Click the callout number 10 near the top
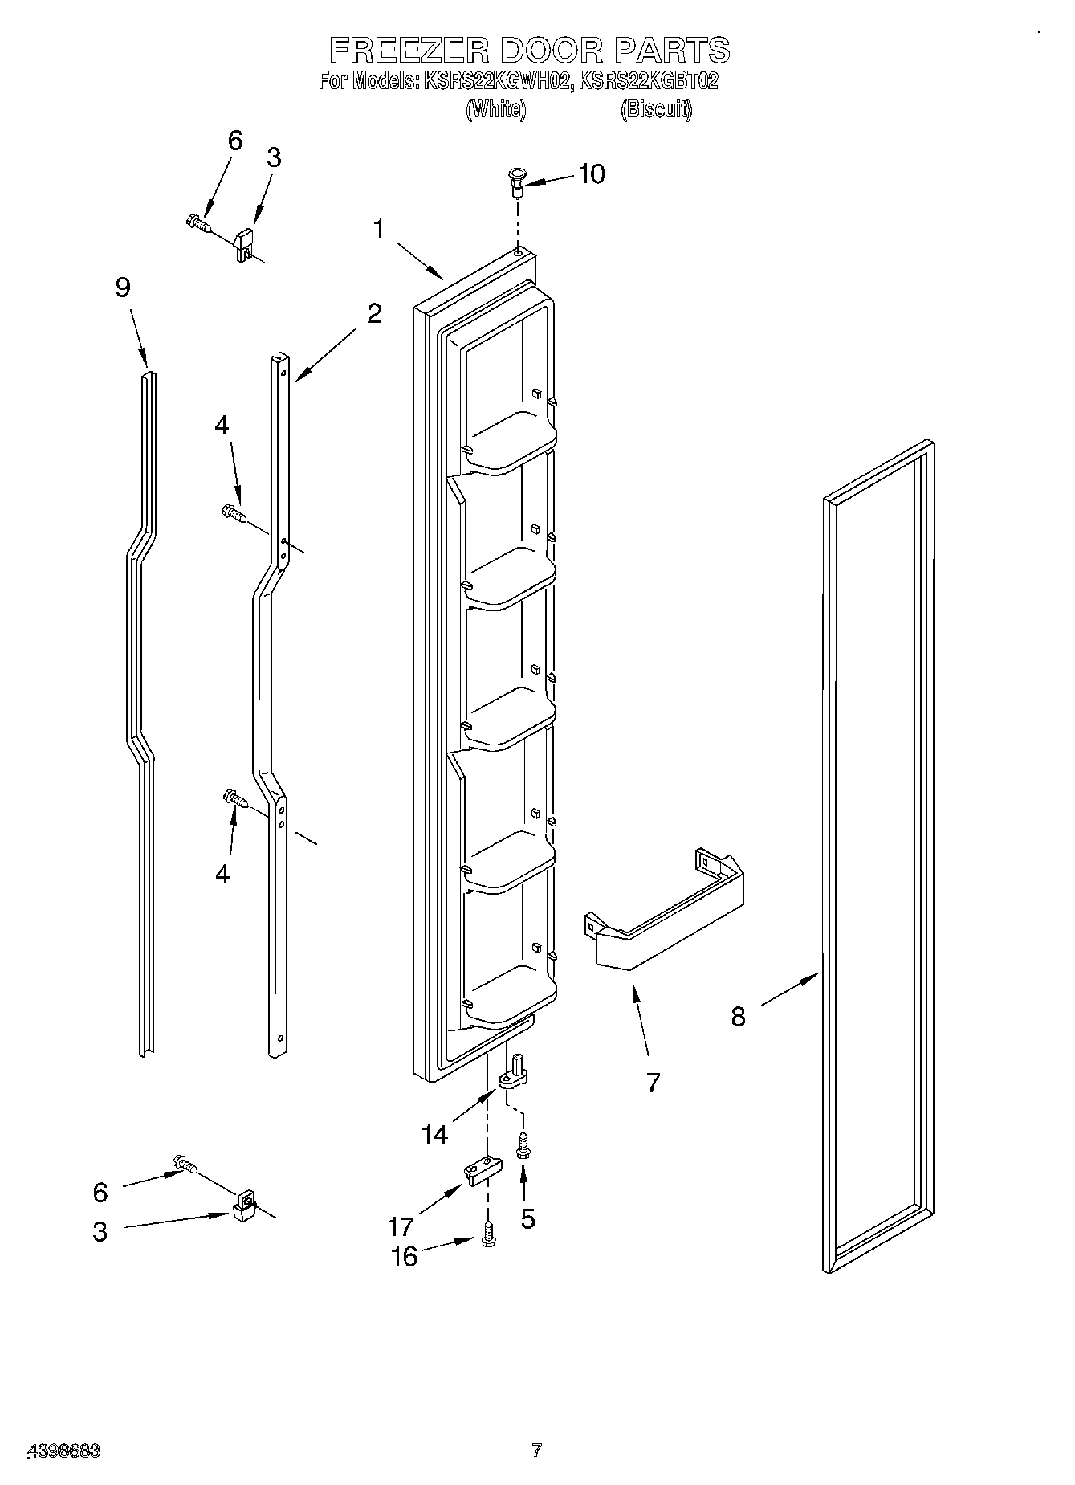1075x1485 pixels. click(592, 174)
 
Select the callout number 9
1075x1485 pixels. click(123, 288)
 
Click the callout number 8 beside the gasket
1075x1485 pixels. click(738, 1017)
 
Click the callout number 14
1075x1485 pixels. click(434, 1134)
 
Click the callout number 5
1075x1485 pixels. click(527, 1218)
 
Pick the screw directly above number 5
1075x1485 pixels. click(523, 1144)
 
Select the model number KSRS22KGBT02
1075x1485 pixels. click(648, 81)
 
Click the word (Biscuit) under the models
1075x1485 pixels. click(656, 109)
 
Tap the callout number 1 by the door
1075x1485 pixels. click(378, 229)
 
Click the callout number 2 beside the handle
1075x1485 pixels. click(374, 313)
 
